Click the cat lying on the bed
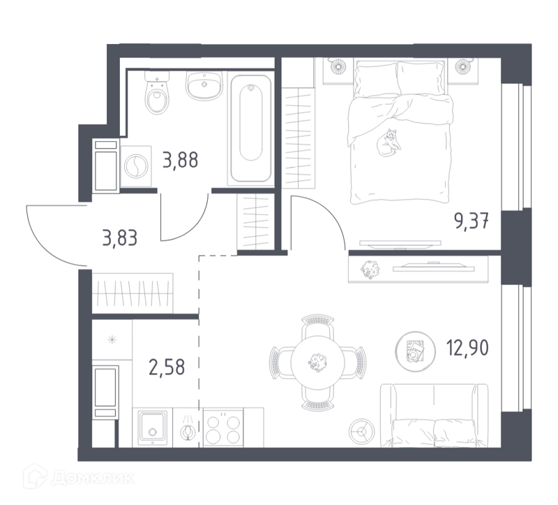(x=389, y=142)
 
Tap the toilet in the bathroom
(x=156, y=93)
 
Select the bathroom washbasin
(x=204, y=85)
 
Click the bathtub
(x=251, y=129)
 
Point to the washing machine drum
(x=136, y=166)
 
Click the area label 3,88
(x=180, y=160)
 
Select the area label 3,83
(x=119, y=238)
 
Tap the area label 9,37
(x=471, y=221)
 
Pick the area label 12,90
(x=467, y=347)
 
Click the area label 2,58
(x=167, y=367)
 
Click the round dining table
(x=318, y=362)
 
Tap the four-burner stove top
(x=223, y=427)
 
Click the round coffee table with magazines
(x=415, y=351)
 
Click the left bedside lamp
(x=338, y=66)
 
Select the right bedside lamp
(x=462, y=66)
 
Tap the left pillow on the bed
(x=376, y=79)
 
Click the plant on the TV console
(x=370, y=270)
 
